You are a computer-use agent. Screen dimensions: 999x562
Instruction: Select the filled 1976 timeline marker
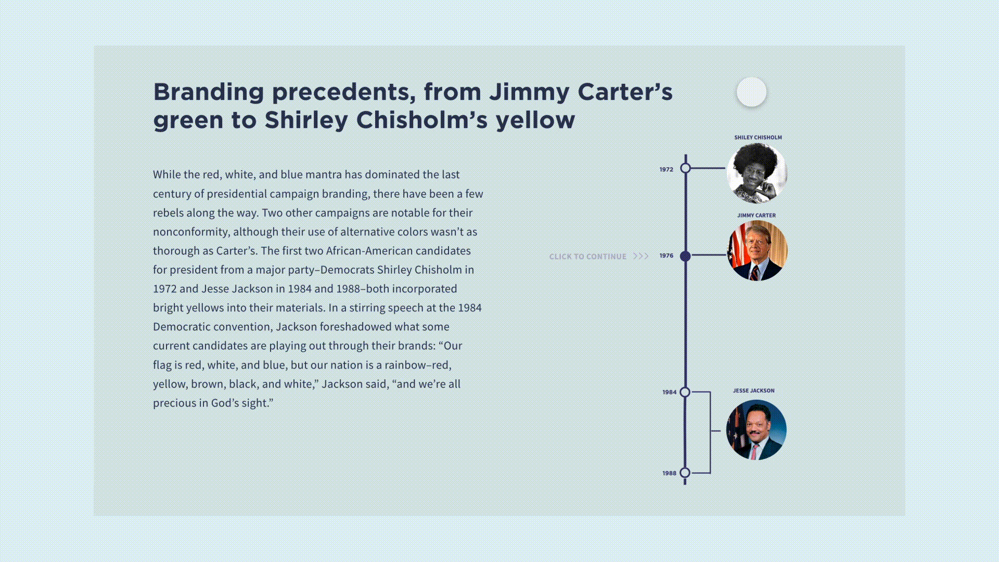(x=685, y=256)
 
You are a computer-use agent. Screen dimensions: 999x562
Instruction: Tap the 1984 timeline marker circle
(x=685, y=392)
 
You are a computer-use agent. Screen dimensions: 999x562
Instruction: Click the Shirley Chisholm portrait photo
(x=757, y=173)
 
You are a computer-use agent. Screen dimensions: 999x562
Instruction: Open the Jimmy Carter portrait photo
(x=757, y=251)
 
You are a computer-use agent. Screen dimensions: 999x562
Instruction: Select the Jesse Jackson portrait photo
(x=756, y=430)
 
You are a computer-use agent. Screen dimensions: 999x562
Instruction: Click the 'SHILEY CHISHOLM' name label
(x=758, y=137)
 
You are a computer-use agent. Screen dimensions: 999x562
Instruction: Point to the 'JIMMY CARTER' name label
(x=757, y=215)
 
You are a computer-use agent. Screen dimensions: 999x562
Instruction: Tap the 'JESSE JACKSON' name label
(x=754, y=391)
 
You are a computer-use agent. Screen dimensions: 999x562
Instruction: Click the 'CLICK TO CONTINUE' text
(x=588, y=257)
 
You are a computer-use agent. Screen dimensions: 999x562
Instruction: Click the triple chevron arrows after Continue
(x=641, y=256)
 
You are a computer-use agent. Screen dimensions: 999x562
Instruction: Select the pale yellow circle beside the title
(x=751, y=92)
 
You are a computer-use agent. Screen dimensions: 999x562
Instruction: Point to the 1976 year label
(x=667, y=256)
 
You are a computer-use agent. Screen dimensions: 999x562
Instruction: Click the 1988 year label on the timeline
(x=669, y=473)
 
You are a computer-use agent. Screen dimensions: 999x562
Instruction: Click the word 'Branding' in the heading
(x=209, y=93)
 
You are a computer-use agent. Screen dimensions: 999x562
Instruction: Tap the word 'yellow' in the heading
(x=535, y=120)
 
